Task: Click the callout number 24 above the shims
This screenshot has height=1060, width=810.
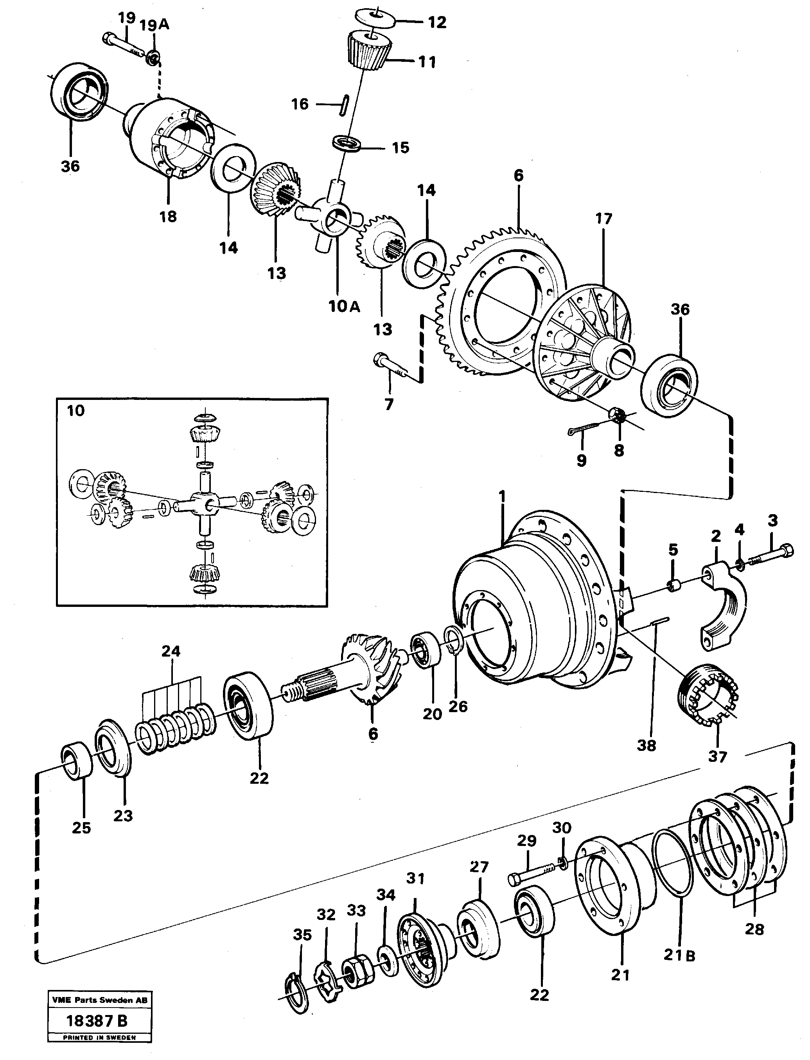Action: pos(171,651)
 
